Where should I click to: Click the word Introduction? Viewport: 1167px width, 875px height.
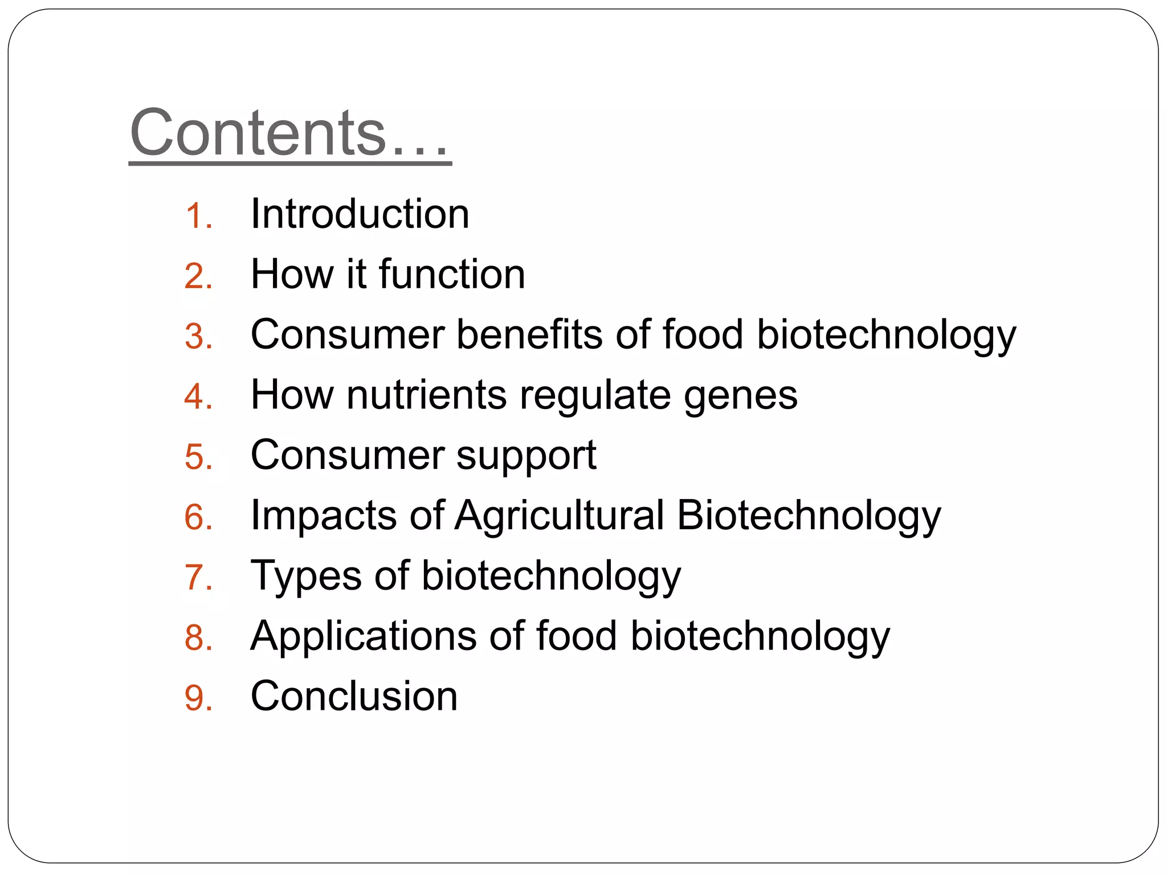tap(360, 214)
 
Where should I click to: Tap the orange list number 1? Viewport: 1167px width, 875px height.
tap(198, 217)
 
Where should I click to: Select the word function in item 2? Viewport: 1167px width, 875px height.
tap(451, 275)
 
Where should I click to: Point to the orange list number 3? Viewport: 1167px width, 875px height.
tap(198, 337)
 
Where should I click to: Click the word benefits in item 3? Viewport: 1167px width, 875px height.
tap(529, 334)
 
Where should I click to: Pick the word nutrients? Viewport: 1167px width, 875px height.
tap(426, 395)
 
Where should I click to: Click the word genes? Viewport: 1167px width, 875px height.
tap(740, 397)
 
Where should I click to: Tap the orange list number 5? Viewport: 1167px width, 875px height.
tap(198, 457)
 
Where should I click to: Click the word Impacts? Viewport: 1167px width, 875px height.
tap(324, 516)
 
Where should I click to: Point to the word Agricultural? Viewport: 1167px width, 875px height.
tap(559, 516)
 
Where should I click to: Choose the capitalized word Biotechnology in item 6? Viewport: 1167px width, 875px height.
tap(809, 516)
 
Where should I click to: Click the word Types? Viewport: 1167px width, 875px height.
tap(306, 576)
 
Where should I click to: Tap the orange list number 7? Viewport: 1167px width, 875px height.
tap(198, 578)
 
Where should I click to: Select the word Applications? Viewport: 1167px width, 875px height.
tap(363, 636)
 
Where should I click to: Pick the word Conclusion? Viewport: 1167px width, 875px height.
tap(354, 696)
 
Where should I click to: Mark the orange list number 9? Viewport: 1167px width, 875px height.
tap(198, 698)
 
